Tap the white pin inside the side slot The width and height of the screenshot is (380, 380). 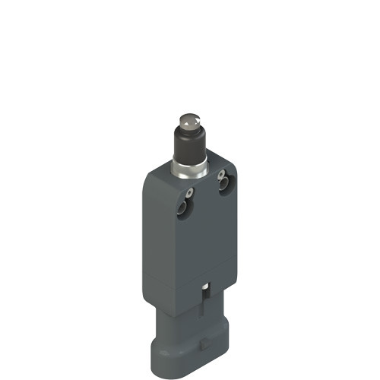click(206, 288)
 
